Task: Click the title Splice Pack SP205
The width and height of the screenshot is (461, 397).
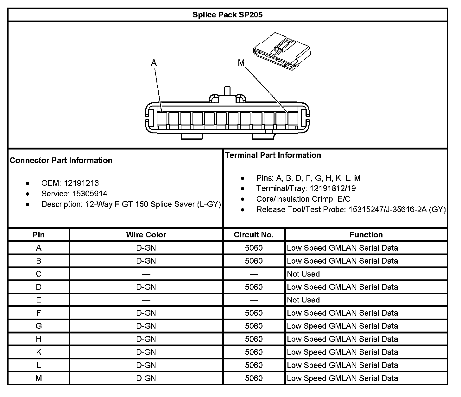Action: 227,15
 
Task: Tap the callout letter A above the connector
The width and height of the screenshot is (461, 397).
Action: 154,63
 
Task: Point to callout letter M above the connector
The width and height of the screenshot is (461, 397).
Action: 241,63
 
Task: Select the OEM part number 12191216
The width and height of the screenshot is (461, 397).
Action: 81,183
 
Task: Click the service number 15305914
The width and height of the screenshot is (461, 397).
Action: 90,193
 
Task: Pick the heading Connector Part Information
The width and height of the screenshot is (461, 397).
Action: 61,160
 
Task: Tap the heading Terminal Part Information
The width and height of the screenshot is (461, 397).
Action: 273,155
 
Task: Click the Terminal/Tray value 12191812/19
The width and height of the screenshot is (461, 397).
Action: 332,188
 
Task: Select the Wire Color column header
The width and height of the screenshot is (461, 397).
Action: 146,235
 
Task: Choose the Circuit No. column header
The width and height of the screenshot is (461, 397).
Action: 254,235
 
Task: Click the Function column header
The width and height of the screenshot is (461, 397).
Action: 366,235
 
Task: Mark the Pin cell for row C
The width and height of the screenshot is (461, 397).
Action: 39,274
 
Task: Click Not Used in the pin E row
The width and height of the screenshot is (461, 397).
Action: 303,300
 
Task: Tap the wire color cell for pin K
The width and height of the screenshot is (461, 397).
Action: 146,352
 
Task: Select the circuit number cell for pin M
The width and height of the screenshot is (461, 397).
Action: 254,378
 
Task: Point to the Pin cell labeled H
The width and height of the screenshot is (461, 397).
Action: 39,339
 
